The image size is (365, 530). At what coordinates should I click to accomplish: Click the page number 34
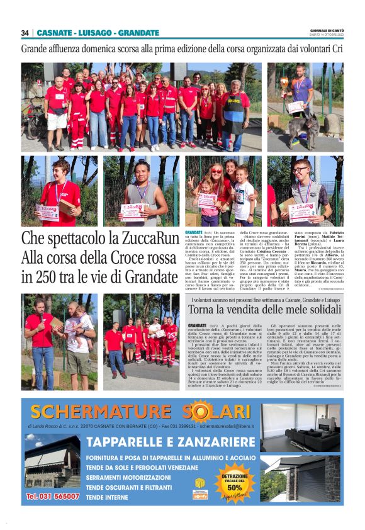tap(25, 33)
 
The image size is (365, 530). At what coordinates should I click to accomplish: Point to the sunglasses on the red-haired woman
tap(216, 171)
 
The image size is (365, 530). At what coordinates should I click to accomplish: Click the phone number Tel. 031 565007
tap(53, 497)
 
